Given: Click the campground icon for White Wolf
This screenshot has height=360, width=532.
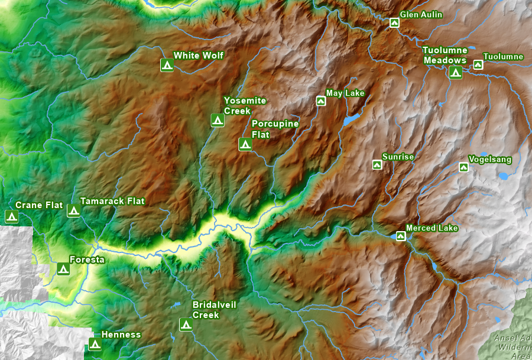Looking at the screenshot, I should [167, 65].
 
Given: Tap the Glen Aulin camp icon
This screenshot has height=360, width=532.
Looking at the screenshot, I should [394, 23].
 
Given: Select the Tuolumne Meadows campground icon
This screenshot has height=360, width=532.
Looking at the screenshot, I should [455, 72].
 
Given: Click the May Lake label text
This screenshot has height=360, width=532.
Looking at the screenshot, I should [345, 93].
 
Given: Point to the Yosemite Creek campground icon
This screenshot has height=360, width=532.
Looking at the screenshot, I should [218, 120].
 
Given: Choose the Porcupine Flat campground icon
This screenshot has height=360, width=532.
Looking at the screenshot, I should [245, 144].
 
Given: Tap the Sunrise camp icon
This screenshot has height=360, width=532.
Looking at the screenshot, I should [377, 165].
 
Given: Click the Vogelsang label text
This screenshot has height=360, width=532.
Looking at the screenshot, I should [489, 160].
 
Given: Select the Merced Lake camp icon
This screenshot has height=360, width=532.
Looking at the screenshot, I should [401, 236].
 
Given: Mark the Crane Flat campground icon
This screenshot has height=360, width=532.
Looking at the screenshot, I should [11, 216].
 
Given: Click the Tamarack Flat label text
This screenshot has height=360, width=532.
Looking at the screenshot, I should [112, 201].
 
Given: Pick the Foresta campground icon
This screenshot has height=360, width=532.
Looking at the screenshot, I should [63, 269].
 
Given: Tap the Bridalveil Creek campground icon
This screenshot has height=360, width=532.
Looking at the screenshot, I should [186, 325].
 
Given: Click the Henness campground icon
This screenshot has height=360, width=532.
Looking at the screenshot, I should [94, 343].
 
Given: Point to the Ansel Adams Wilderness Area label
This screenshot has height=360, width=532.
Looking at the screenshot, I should [512, 347].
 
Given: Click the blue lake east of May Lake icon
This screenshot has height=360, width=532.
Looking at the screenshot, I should [350, 121].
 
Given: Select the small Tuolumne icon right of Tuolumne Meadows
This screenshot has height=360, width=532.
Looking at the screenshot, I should [478, 64].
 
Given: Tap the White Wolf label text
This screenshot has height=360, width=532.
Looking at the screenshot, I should [198, 56].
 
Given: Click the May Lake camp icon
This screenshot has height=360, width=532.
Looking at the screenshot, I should [321, 101].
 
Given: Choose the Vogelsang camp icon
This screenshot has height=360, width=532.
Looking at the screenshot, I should [463, 167].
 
